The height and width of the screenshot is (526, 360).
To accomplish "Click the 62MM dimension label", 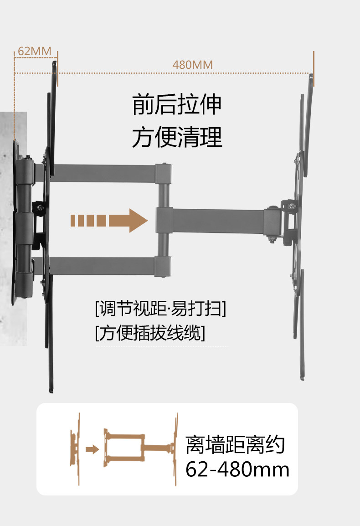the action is point(34,51).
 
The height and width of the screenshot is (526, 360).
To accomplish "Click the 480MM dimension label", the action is point(192,65).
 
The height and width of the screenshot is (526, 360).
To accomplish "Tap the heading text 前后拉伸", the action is point(177,104).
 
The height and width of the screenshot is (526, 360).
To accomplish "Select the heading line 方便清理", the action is point(177,137).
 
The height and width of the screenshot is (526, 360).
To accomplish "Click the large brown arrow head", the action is point(138,220).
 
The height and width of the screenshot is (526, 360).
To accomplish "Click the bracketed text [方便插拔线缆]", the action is point(150,334).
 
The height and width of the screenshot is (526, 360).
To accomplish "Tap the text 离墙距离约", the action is point(235,445).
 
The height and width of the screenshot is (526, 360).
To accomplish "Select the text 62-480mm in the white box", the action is point(237,469).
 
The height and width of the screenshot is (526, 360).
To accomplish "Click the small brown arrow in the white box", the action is point(93,449).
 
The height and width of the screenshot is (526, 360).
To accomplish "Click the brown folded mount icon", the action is point(75,449).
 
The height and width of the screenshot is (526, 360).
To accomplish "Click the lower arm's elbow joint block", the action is point(162,266).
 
